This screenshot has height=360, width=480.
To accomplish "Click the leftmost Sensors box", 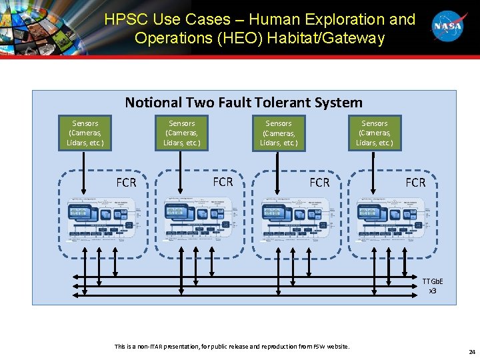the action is [85, 133].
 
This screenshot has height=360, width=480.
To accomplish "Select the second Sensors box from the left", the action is [181, 133].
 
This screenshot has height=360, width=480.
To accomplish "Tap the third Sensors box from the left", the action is [278, 133].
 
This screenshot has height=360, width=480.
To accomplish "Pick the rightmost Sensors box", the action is [374, 133].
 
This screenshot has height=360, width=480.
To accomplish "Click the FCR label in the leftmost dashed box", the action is [126, 182].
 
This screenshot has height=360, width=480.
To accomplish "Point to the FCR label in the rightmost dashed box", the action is [415, 182].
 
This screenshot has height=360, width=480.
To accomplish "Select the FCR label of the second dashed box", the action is [223, 181].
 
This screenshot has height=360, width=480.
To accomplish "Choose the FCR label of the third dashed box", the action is [319, 182].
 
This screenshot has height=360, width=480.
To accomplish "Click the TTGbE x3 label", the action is [432, 286].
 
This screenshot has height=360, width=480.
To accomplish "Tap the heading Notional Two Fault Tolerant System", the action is [244, 103].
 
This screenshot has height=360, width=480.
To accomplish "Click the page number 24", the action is [471, 351].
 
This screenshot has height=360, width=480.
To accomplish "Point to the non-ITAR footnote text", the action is [232, 346].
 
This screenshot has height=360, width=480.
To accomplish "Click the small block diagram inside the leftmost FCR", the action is [101, 219].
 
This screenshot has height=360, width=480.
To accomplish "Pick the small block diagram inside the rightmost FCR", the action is [390, 219].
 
